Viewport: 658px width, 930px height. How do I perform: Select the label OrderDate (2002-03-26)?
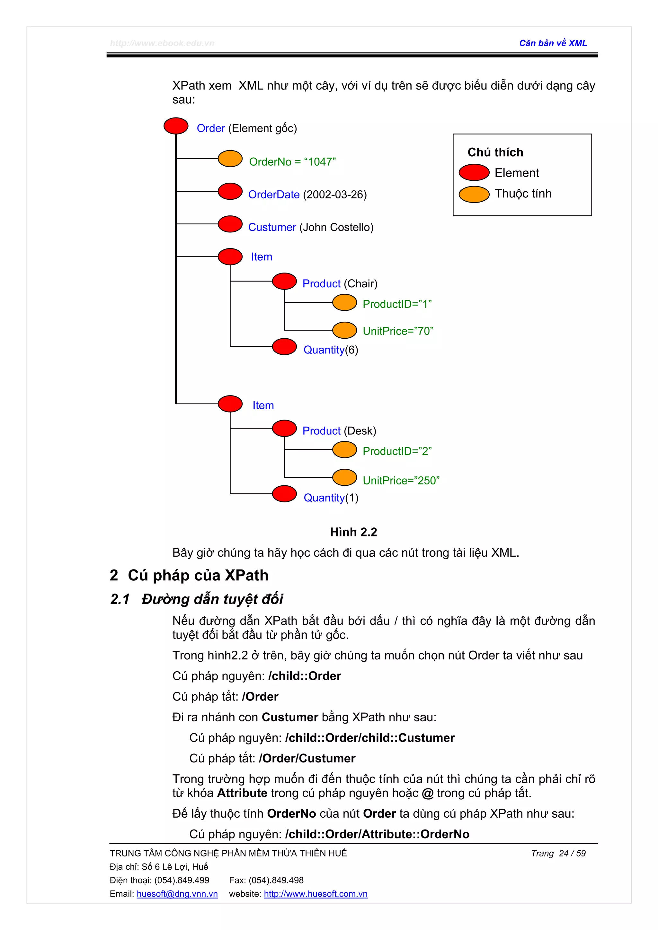click(307, 195)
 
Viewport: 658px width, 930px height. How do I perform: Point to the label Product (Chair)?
click(339, 283)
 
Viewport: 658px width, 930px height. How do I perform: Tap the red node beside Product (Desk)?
click(284, 428)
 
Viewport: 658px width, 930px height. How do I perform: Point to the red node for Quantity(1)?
click(284, 493)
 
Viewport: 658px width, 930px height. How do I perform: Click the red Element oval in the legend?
click(474, 172)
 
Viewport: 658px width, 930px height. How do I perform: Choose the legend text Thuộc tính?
click(523, 194)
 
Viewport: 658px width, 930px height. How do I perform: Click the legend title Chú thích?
click(495, 152)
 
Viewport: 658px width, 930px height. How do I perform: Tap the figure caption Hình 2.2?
click(353, 532)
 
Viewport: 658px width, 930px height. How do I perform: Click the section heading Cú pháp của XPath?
click(198, 575)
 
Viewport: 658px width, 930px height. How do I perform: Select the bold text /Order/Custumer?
click(307, 758)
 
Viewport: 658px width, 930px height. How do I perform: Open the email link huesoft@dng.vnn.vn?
click(177, 894)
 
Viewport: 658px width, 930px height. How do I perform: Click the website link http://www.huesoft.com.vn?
click(316, 894)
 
